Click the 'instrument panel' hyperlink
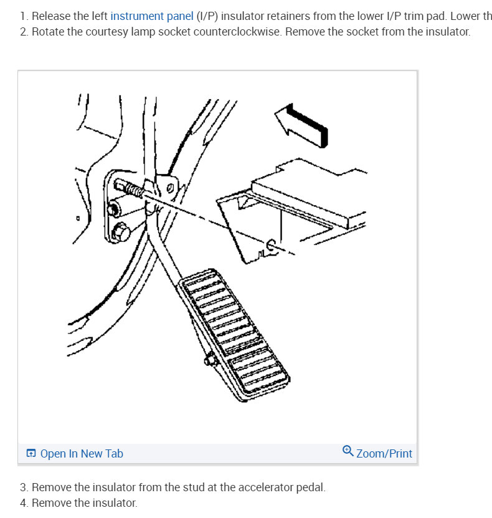(151, 16)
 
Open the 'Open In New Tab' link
(82, 454)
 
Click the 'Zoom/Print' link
(384, 454)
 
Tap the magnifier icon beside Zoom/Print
(348, 451)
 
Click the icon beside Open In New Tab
(31, 454)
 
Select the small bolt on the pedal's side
(209, 360)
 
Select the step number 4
(24, 503)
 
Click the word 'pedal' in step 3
(310, 487)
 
